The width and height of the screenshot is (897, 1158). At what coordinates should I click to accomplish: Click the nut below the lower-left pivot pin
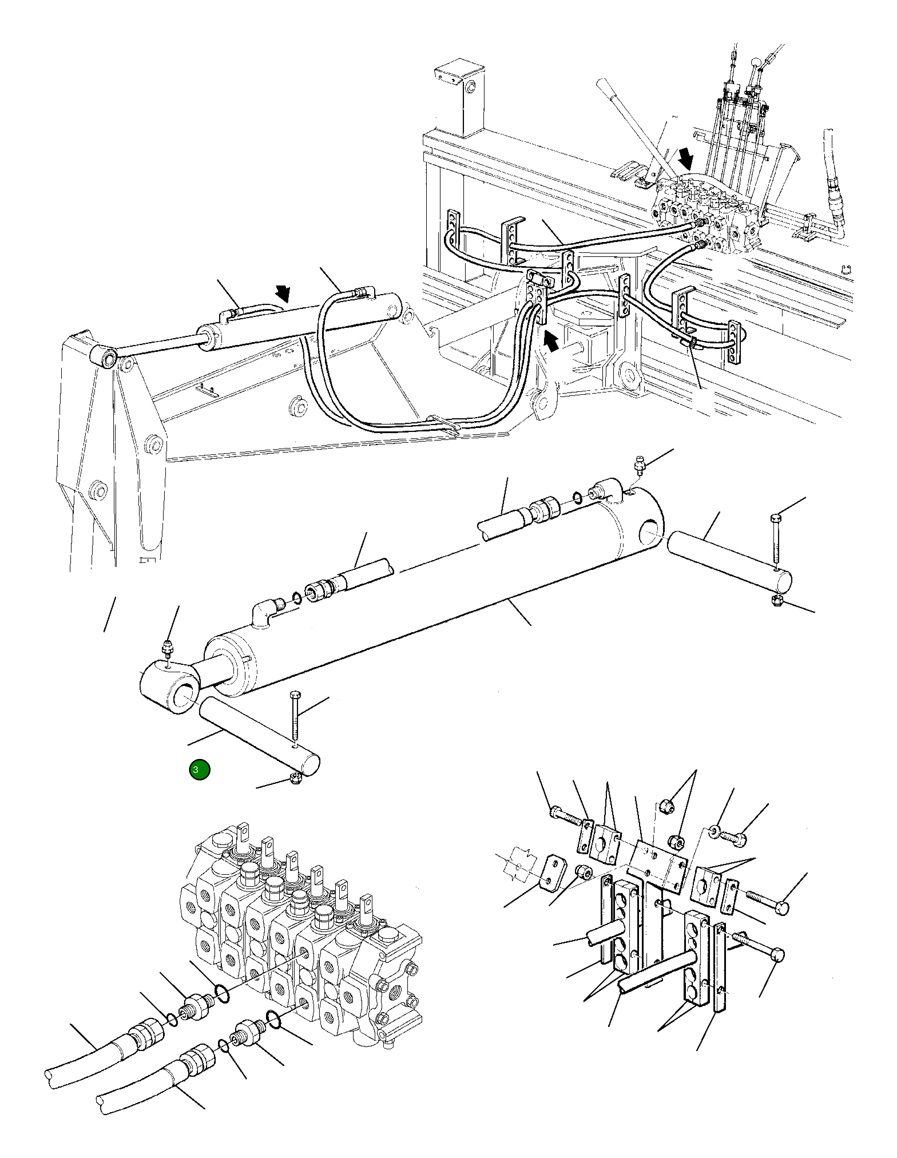coord(295,778)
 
